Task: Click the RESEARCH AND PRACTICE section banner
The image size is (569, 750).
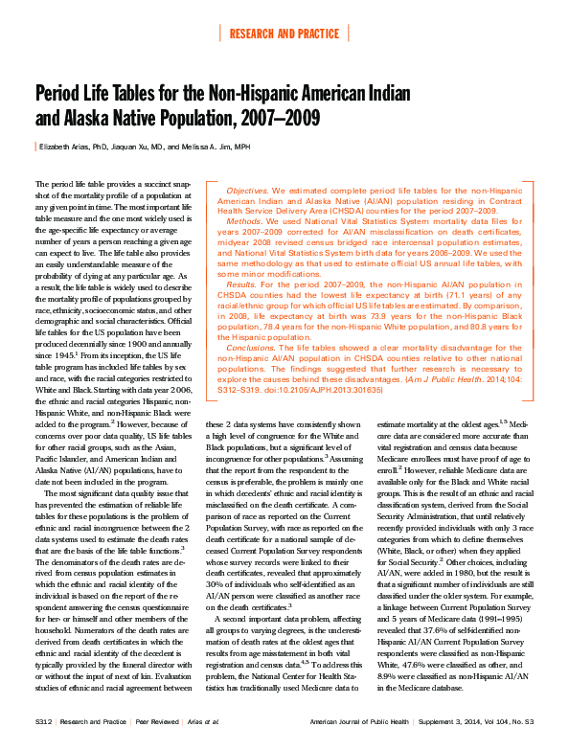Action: tap(284, 34)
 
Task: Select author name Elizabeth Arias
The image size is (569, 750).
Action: tap(70, 147)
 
